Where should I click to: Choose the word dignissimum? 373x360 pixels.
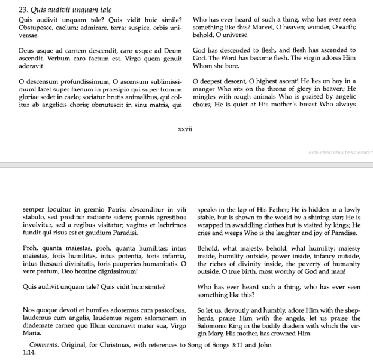[117, 271]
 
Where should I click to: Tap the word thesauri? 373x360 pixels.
[48, 264]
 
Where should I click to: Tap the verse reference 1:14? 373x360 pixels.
[29, 353]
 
